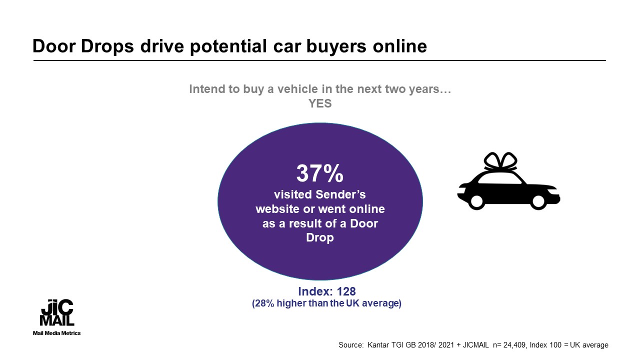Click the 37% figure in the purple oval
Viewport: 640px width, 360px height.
pyautogui.click(x=319, y=173)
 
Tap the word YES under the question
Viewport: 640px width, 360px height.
pyautogui.click(x=320, y=103)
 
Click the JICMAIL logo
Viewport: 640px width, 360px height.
pyautogui.click(x=57, y=312)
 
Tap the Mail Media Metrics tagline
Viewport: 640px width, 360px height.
pyautogui.click(x=56, y=333)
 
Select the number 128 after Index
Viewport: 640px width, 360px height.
pyautogui.click(x=346, y=291)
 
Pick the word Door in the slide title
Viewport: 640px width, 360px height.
pyautogui.click(x=54, y=46)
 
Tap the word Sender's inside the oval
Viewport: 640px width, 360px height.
pyautogui.click(x=340, y=194)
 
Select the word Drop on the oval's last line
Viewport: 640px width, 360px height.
pyautogui.click(x=320, y=237)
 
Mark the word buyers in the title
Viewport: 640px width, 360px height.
pyautogui.click(x=336, y=46)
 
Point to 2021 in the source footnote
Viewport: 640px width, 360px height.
pyautogui.click(x=446, y=345)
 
